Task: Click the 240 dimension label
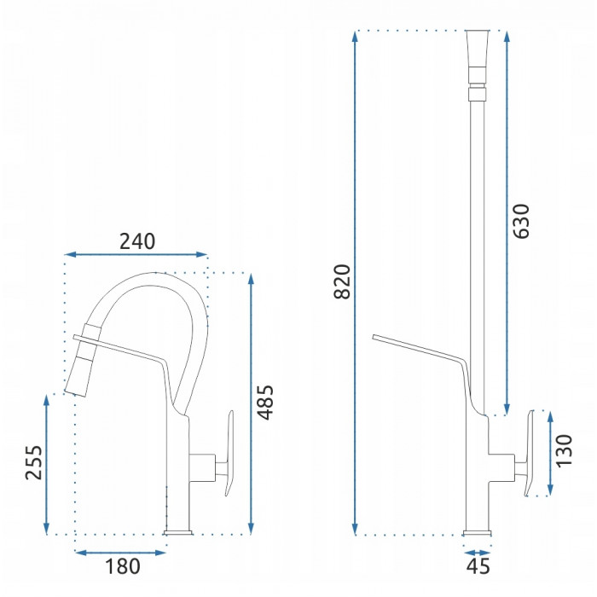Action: (x=137, y=241)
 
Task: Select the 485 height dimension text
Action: (x=265, y=403)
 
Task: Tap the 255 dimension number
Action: (x=33, y=462)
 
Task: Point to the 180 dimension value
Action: (x=123, y=566)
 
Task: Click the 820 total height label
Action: (x=341, y=281)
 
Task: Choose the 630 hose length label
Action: (x=520, y=222)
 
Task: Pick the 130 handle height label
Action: (x=564, y=450)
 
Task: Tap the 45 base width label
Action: (x=478, y=566)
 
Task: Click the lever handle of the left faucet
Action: (x=229, y=453)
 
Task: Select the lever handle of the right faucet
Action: (x=530, y=453)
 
